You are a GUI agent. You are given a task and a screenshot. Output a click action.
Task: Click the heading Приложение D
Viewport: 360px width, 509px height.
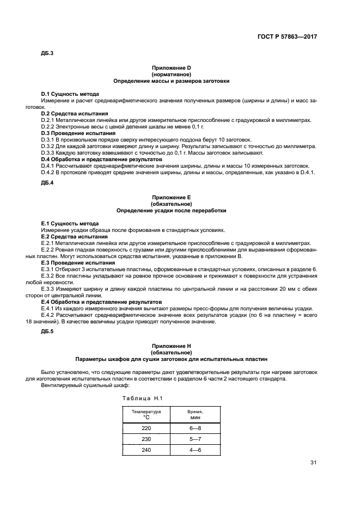coord(171,68)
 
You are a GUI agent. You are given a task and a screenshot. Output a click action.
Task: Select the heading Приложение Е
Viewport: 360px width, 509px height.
coord(171,197)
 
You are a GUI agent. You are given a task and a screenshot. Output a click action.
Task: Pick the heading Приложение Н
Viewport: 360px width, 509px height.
coord(171,346)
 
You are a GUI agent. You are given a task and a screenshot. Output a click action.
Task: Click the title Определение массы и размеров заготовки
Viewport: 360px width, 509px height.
coord(171,81)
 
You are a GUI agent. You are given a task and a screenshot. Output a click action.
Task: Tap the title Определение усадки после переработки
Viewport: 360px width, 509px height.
coord(171,210)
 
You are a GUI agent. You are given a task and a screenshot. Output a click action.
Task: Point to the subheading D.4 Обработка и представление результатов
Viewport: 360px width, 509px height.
coord(101,160)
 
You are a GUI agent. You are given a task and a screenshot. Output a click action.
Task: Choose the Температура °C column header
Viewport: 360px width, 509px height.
coord(147,415)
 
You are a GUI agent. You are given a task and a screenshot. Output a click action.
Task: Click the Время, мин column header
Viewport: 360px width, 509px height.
coord(195,415)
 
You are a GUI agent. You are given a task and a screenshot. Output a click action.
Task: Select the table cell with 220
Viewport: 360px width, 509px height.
coord(147,428)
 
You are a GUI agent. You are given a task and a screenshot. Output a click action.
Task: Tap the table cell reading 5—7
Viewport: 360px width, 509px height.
coord(195,439)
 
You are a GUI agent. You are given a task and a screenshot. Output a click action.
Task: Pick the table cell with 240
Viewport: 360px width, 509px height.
coord(147,450)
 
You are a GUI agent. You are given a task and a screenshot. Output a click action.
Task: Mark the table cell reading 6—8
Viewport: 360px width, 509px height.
coord(195,428)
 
